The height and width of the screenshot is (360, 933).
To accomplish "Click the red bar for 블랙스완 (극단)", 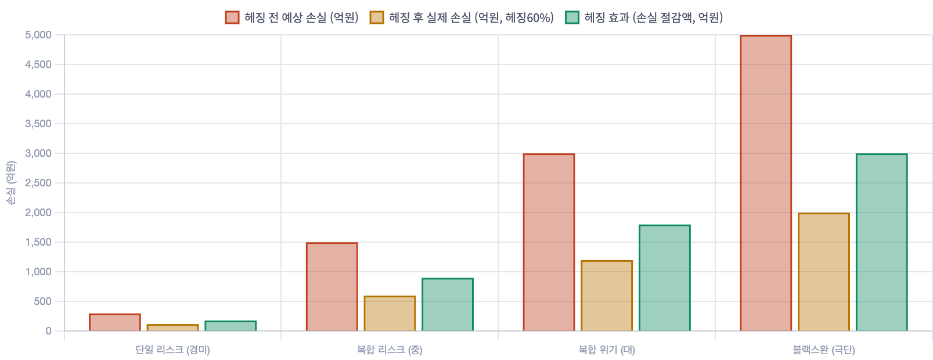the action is pos(766,183).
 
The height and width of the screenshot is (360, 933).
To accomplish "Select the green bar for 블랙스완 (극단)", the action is pos(882,243).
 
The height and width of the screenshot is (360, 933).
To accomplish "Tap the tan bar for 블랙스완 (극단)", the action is pos(824,272).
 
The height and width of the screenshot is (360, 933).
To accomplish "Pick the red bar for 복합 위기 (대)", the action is pos(549,243).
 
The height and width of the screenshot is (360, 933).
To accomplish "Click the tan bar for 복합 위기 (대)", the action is pos(607,296).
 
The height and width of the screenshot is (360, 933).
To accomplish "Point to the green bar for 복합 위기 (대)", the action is pos(665,278).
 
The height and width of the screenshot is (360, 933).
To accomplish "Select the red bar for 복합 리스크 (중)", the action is pos(332,287).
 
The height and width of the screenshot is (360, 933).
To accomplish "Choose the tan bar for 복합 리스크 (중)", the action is pos(390,314).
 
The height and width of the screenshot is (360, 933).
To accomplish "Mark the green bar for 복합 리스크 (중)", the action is pos(448,305).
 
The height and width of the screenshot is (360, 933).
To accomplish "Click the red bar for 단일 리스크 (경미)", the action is pos(115,322).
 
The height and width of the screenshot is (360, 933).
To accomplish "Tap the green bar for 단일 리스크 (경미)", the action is pos(230,326).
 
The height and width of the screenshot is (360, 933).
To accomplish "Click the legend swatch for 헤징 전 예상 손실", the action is pos(232,17).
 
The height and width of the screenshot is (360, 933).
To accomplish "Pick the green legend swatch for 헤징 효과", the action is pos(572,17).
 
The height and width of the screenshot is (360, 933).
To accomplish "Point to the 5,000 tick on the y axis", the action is pos(38,35).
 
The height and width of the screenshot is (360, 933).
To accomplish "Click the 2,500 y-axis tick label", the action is pos(38,183).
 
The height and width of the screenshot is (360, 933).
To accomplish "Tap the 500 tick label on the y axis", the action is pos(43,301).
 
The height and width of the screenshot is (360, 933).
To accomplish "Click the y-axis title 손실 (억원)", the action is pos(11,183).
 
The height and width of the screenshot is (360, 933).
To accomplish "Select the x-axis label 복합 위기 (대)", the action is pos(607,350).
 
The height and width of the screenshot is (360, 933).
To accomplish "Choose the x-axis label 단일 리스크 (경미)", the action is pos(173,350).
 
